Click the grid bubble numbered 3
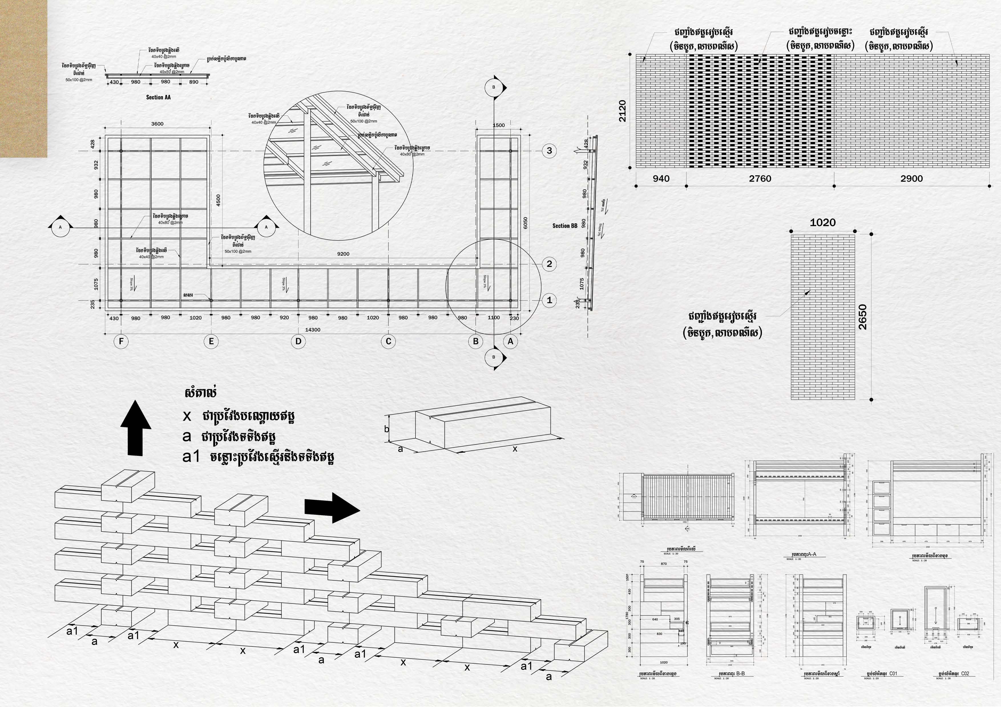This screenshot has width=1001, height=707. tap(549, 151)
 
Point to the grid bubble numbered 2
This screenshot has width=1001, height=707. tap(549, 263)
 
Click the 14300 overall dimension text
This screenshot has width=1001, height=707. tap(312, 330)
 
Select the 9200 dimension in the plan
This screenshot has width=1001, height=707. tap(343, 254)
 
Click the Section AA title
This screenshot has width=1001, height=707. tap(158, 97)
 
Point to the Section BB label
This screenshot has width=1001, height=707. tap(565, 226)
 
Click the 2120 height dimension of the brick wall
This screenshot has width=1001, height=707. tap(623, 111)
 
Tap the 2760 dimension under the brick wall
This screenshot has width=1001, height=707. tap(760, 178)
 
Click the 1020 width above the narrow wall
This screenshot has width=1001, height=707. tap(822, 223)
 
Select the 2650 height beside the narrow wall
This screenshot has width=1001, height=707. tap(862, 317)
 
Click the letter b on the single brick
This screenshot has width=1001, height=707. tap(386, 429)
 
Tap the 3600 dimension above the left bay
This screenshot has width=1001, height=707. tap(158, 124)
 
